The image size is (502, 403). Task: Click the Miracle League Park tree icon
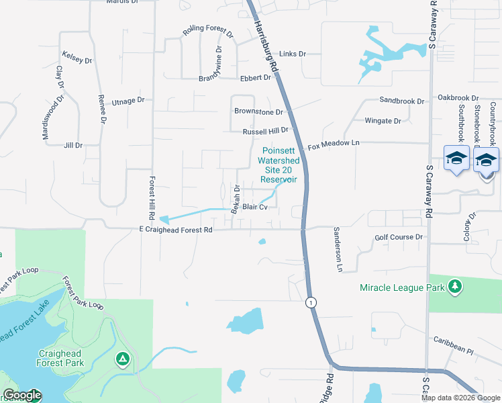tap(456, 287)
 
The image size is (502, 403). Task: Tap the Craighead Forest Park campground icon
tap(123, 359)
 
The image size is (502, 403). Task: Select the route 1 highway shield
tap(310, 303)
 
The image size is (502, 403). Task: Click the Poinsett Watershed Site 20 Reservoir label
tap(279, 166)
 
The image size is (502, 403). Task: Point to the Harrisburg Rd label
tap(266, 46)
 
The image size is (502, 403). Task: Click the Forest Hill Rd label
tap(152, 187)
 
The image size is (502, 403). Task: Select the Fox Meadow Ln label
tap(334, 144)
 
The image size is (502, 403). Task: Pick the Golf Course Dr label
tap(399, 237)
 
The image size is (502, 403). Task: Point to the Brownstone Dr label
tap(258, 111)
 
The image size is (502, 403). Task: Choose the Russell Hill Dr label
tap(265, 131)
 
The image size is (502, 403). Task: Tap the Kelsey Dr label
tap(77, 57)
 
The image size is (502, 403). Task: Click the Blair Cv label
tap(255, 208)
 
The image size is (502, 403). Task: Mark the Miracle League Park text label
tap(402, 287)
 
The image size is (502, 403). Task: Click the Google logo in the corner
tap(22, 396)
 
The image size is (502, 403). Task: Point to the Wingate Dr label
tap(383, 122)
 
